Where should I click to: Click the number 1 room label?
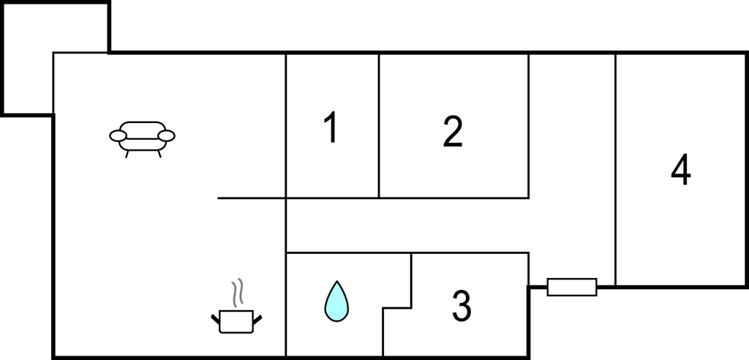(x=331, y=127)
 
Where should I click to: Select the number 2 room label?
(x=453, y=132)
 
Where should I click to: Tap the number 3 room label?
(x=462, y=306)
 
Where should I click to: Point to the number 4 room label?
(x=681, y=170)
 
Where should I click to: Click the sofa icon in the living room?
(x=143, y=139)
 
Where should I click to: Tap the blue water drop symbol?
(x=336, y=301)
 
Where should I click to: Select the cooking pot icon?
(x=236, y=320)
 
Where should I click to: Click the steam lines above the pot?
(x=238, y=292)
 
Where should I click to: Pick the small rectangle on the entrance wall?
(x=572, y=287)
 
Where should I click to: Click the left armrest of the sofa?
(x=118, y=136)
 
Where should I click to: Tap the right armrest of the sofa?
(x=167, y=136)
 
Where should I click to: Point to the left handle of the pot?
(x=216, y=319)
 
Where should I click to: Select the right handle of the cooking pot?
(x=257, y=319)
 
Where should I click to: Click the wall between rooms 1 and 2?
(x=379, y=125)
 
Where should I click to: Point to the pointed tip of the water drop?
(x=336, y=281)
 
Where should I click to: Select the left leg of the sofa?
(x=127, y=154)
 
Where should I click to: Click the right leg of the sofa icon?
(x=159, y=154)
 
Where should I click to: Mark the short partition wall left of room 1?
(x=252, y=198)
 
